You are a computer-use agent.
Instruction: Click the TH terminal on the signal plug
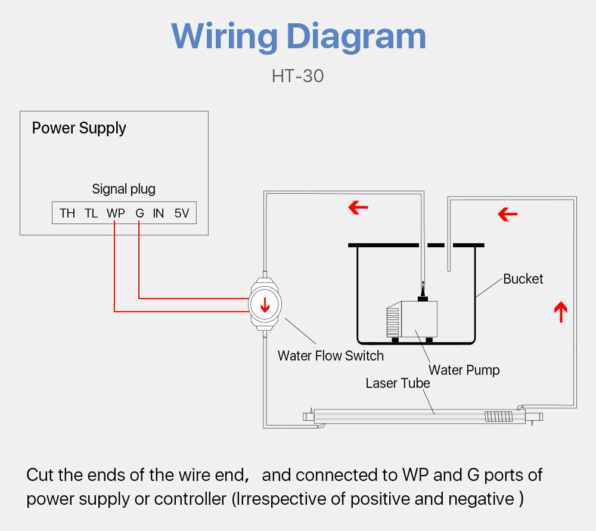click(67, 213)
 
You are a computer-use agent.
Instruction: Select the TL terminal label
click(91, 213)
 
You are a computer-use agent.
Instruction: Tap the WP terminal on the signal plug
click(116, 213)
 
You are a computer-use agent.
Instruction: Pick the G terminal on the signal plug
click(139, 213)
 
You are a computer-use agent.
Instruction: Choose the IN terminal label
click(158, 213)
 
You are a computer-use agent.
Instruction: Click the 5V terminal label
click(182, 213)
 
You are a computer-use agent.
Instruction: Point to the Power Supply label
click(79, 128)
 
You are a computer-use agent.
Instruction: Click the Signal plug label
click(123, 189)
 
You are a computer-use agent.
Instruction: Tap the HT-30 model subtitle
click(297, 76)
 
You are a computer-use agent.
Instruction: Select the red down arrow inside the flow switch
click(265, 305)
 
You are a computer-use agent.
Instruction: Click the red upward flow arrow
click(560, 312)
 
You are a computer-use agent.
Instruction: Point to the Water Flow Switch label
click(330, 356)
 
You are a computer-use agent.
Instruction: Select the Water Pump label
click(464, 370)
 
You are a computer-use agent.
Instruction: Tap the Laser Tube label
click(398, 383)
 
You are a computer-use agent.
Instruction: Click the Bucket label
click(523, 279)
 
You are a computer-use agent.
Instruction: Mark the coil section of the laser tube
click(498, 416)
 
